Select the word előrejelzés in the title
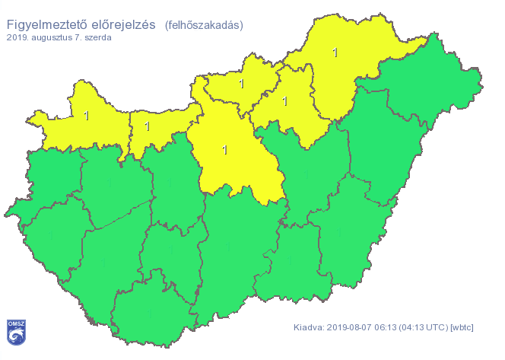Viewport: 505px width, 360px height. (x=124, y=24)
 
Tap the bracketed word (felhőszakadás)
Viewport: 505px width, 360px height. (x=204, y=24)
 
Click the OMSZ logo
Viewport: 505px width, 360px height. (x=15, y=330)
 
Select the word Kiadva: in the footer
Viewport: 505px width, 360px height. (x=310, y=328)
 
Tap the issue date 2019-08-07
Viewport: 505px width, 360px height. (x=354, y=328)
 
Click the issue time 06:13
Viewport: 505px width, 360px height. (x=392, y=328)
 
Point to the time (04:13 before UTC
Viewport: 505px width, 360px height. (x=421, y=328)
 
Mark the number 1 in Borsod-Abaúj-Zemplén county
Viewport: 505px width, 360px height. (x=335, y=52)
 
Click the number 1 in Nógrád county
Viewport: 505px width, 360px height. (x=242, y=83)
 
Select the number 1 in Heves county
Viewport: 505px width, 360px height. (x=285, y=100)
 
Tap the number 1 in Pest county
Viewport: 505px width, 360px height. (x=224, y=149)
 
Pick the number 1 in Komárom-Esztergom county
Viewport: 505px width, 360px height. (x=148, y=126)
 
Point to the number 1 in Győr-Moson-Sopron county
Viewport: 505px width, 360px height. (x=85, y=116)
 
